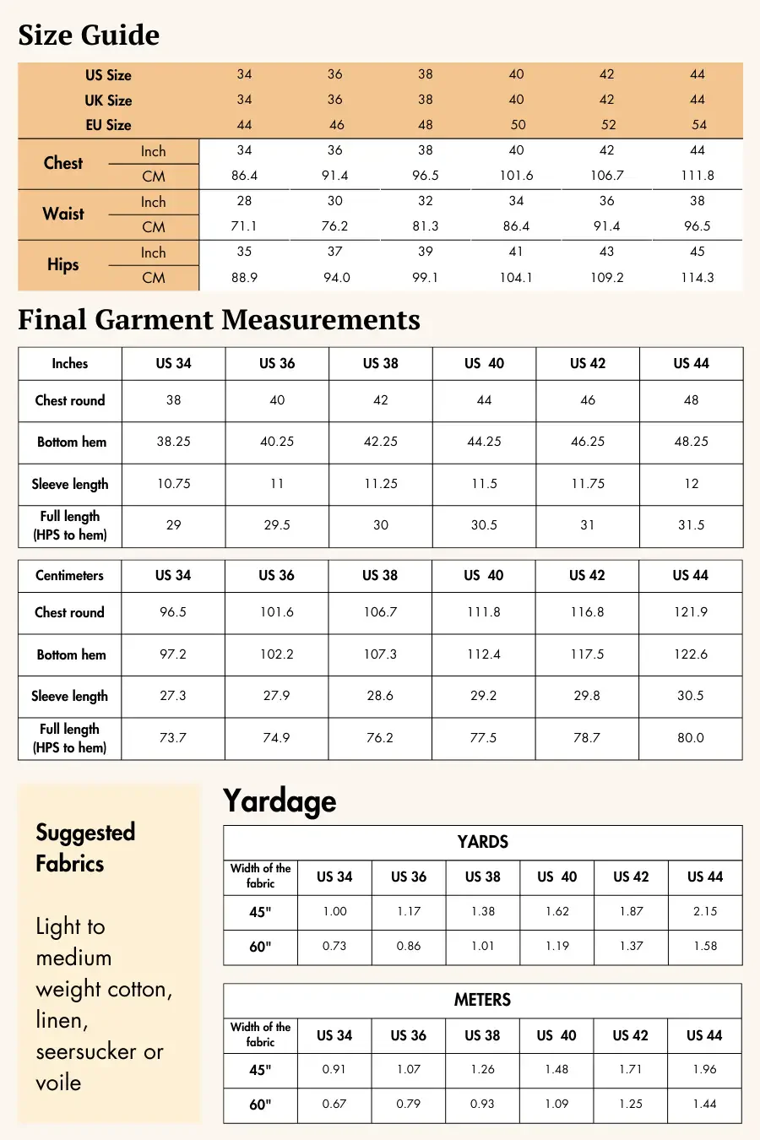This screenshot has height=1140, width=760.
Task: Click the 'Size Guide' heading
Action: pyautogui.click(x=89, y=35)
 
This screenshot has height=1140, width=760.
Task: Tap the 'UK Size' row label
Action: pyautogui.click(x=108, y=100)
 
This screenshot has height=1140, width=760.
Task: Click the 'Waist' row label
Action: pyautogui.click(x=63, y=214)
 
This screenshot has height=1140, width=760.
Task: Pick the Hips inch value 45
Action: pyautogui.click(x=698, y=252)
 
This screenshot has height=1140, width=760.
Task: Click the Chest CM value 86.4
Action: pyautogui.click(x=244, y=176)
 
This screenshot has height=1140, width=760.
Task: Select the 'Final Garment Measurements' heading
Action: pyautogui.click(x=219, y=319)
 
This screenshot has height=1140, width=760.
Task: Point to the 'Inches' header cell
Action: pyautogui.click(x=70, y=363)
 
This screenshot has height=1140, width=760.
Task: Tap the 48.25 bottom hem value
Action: pyautogui.click(x=691, y=442)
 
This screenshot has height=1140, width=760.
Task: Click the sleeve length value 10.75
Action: pyautogui.click(x=173, y=484)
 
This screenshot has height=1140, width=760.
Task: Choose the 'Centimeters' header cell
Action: pyautogui.click(x=69, y=575)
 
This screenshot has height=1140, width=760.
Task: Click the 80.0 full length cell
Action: pyautogui.click(x=690, y=738)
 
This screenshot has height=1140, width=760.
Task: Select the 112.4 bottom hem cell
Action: pyautogui.click(x=483, y=654)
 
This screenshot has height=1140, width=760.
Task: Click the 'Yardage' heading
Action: pyautogui.click(x=280, y=801)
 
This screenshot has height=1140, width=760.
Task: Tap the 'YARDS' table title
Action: pyautogui.click(x=482, y=842)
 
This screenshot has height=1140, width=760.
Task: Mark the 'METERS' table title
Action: pyautogui.click(x=482, y=1000)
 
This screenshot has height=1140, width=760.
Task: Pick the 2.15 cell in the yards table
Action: pyautogui.click(x=705, y=912)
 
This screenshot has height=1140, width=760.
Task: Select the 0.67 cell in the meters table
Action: pyautogui.click(x=334, y=1104)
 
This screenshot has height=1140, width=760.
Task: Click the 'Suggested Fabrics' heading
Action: pyautogui.click(x=84, y=848)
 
